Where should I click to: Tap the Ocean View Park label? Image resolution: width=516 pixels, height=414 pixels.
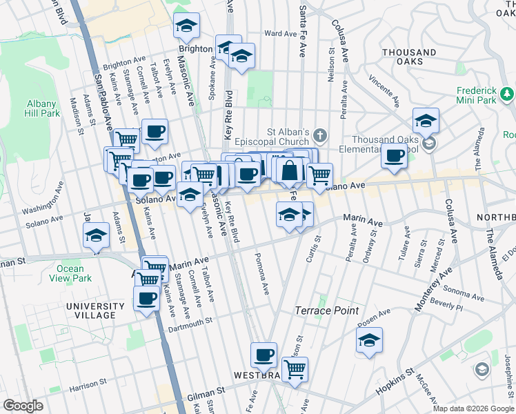75,274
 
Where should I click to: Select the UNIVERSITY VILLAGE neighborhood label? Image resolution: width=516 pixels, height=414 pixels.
91,310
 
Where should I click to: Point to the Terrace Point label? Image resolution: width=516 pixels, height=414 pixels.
327,310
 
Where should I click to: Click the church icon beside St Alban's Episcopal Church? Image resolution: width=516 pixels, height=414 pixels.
319,133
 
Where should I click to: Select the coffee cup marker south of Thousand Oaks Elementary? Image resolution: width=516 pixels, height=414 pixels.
395,156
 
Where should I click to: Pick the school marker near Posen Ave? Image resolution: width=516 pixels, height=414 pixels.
369,340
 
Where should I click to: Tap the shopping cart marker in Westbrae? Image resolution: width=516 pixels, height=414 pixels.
295,369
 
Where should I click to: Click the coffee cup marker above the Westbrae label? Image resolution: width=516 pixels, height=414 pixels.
264,355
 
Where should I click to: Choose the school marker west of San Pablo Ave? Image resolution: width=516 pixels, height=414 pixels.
96,235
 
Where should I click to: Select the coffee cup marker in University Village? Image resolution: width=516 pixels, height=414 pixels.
146,299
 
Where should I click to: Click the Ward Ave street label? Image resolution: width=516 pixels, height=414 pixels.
280,33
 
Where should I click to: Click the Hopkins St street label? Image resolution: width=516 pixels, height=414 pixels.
395,381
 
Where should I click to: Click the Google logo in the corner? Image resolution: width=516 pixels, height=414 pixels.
23,406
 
